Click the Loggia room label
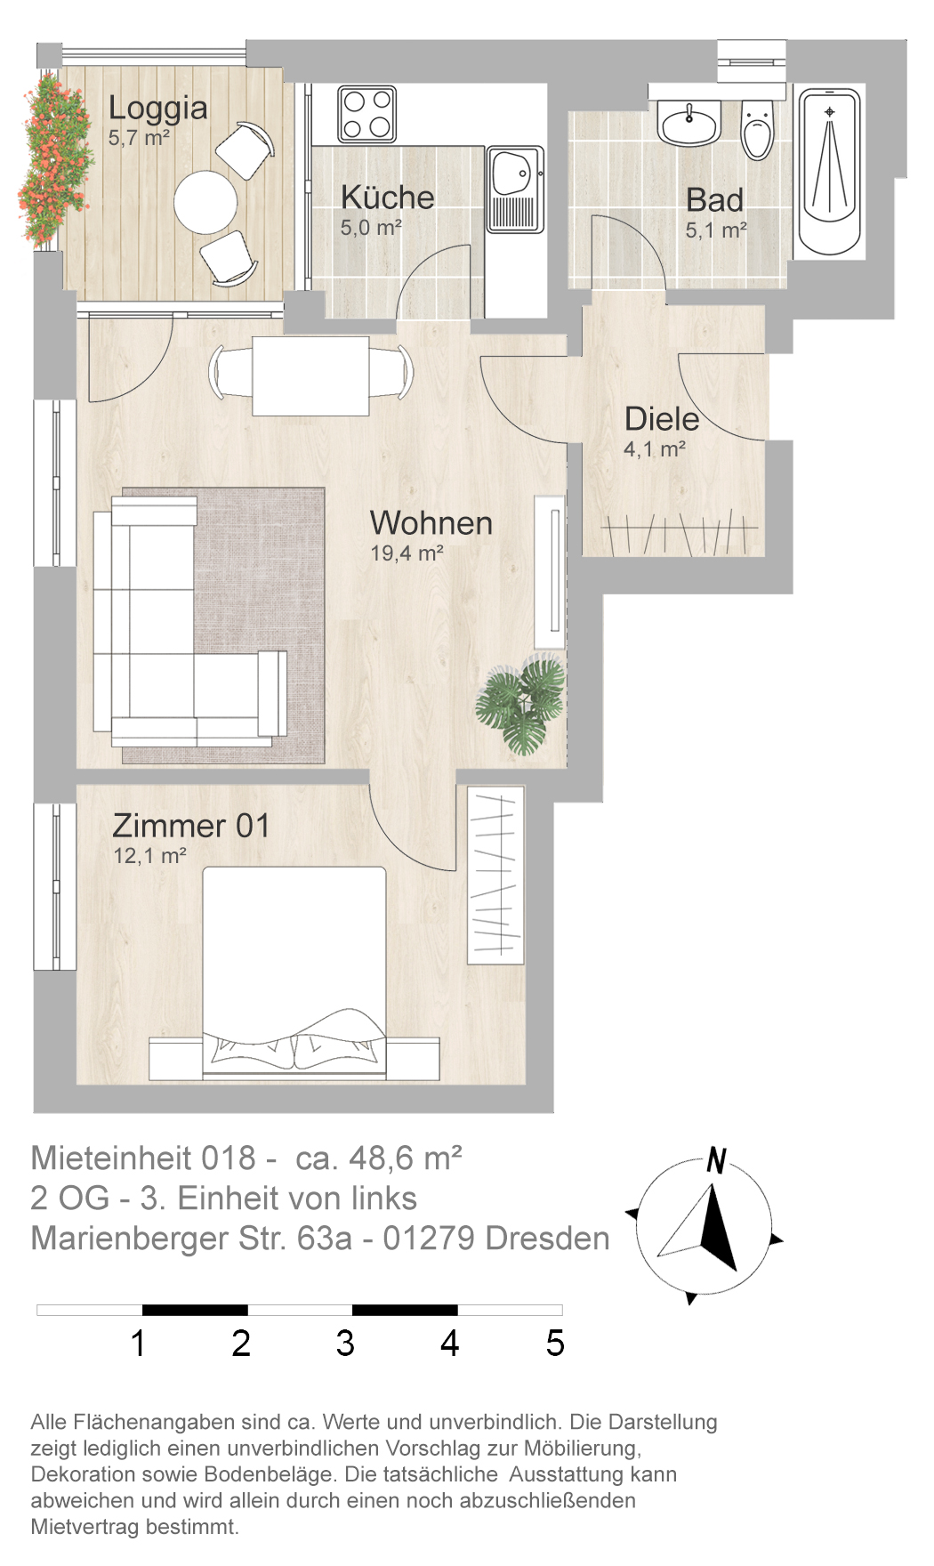[158, 109]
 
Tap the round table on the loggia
[205, 203]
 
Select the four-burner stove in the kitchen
[366, 114]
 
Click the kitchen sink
[515, 190]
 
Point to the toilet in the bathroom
[758, 130]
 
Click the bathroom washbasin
[688, 123]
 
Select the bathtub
[829, 172]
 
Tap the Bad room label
[714, 200]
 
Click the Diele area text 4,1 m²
[655, 449]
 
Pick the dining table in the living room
[310, 376]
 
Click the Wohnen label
[431, 523]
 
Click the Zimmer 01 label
[191, 826]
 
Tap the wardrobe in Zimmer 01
[495, 875]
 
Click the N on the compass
[716, 1161]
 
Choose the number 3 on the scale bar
[345, 1343]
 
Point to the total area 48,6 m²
[406, 1158]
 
